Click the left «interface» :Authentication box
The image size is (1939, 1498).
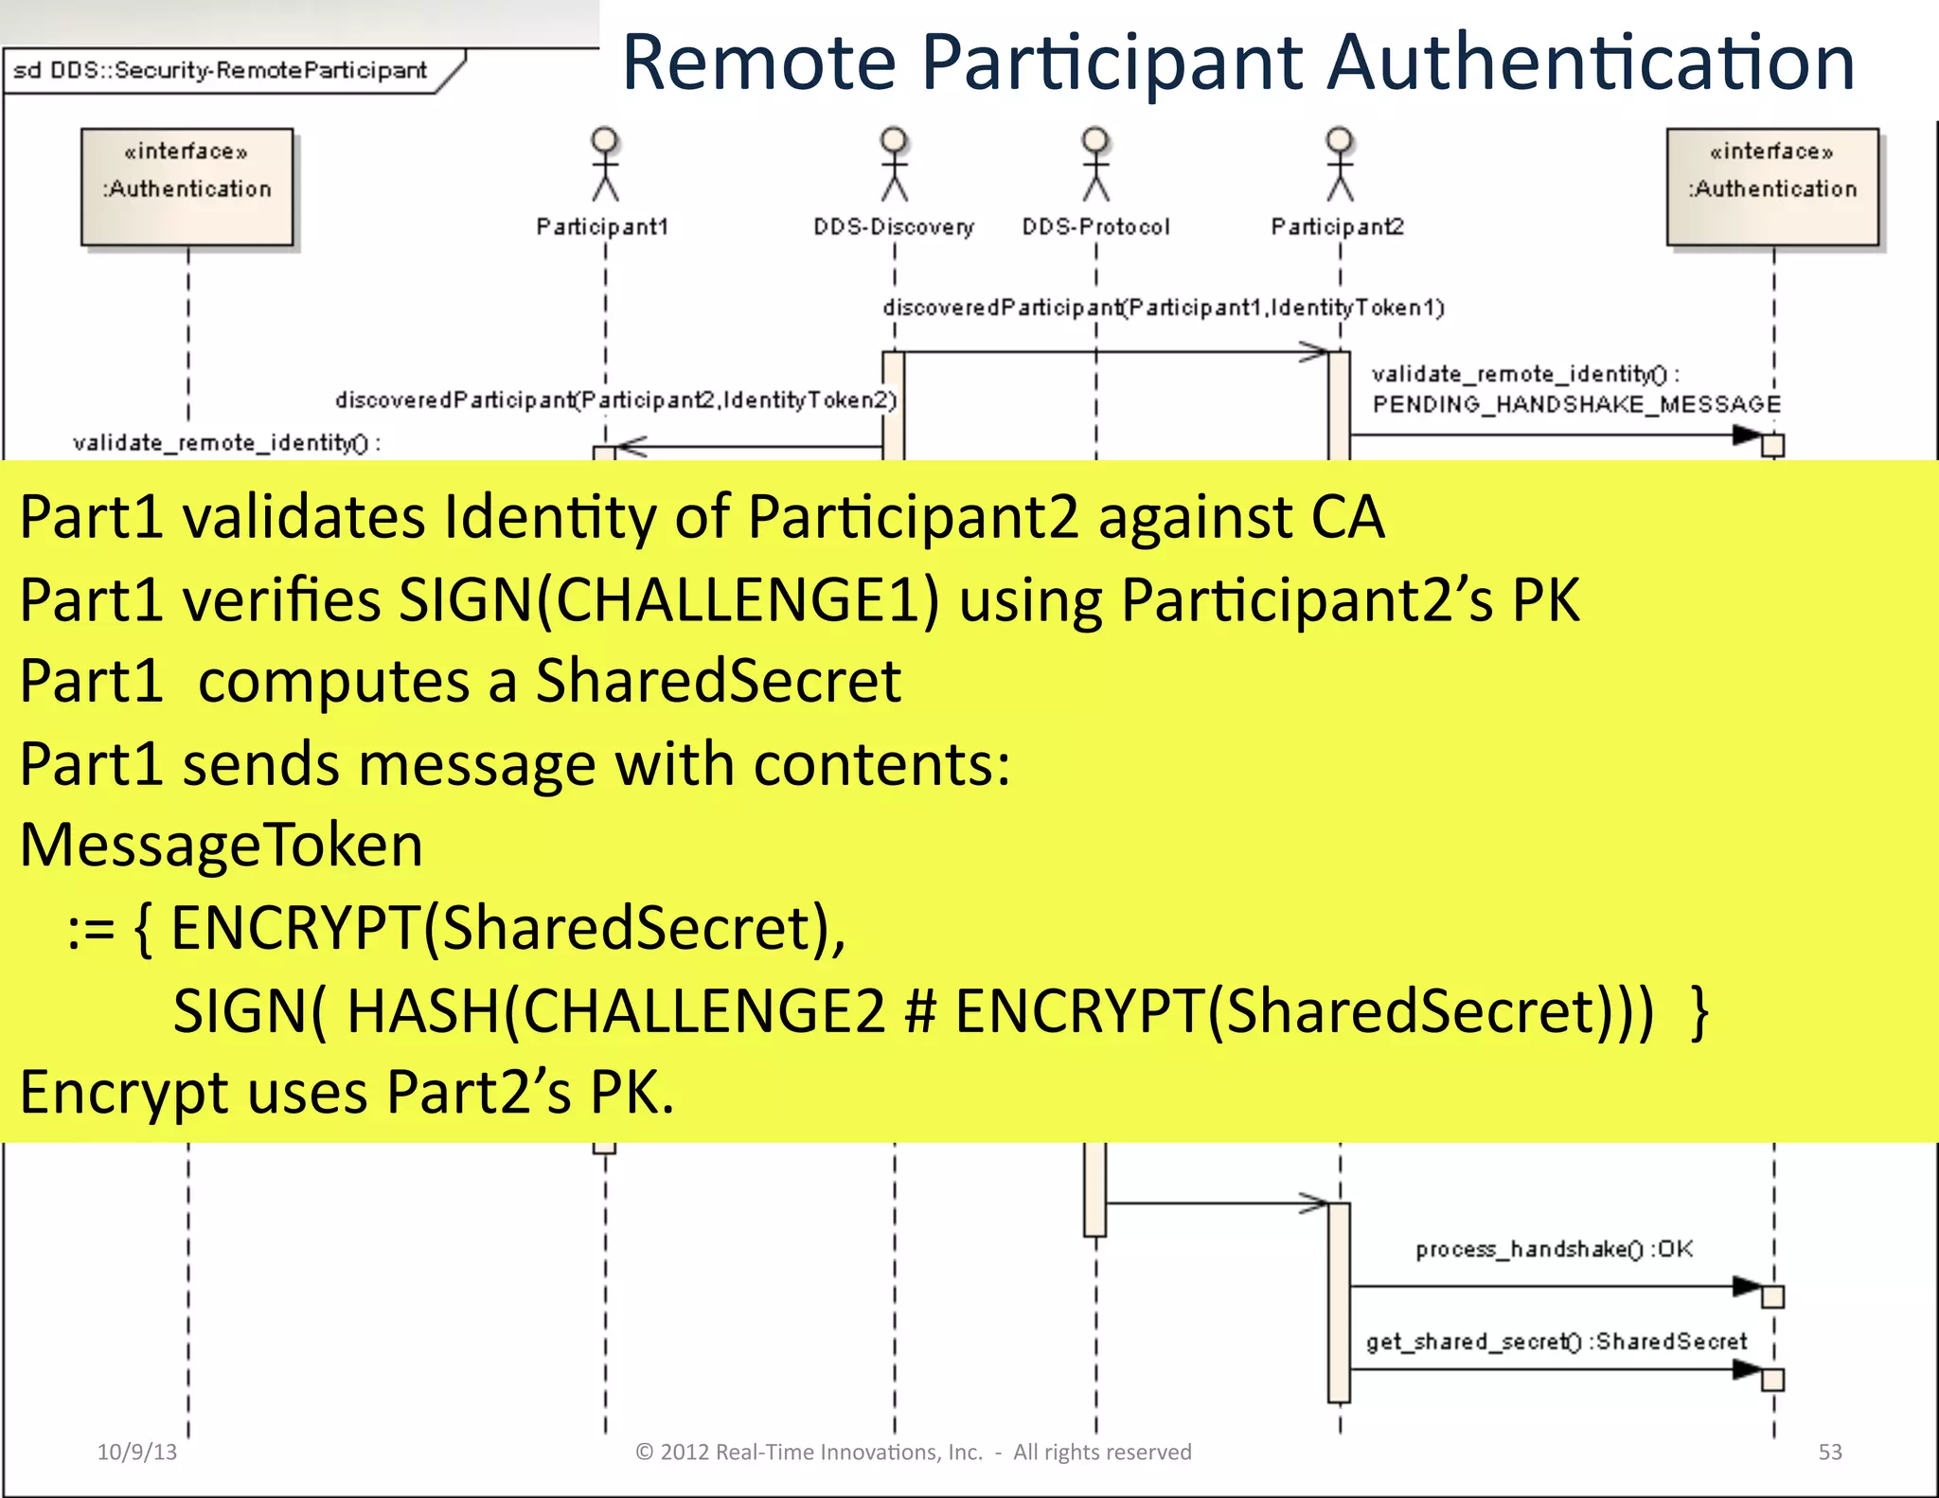coord(187,187)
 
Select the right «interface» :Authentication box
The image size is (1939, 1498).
coord(1772,187)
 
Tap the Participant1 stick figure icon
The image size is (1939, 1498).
coord(605,165)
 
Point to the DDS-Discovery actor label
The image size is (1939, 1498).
coord(893,227)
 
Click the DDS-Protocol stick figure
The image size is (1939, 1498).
coord(1095,165)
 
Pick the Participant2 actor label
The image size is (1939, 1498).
coord(1337,227)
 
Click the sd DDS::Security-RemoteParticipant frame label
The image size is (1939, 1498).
coord(220,71)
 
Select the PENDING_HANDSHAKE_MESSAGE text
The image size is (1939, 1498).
coord(1576,404)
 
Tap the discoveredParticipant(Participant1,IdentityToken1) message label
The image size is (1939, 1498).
coord(1163,308)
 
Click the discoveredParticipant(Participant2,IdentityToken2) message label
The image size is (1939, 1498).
coord(615,401)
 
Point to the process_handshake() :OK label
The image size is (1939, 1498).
coord(1554,1250)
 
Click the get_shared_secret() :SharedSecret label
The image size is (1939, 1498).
coord(1556,1342)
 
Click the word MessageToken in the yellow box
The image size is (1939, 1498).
coord(222,845)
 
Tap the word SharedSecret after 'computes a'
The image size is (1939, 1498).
coord(718,681)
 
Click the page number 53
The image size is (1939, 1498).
coord(1829,1453)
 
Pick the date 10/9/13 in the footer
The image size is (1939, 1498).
coord(137,1453)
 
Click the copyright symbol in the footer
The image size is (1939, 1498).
coord(644,1453)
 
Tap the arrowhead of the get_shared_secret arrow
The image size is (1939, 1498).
coord(1747,1369)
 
